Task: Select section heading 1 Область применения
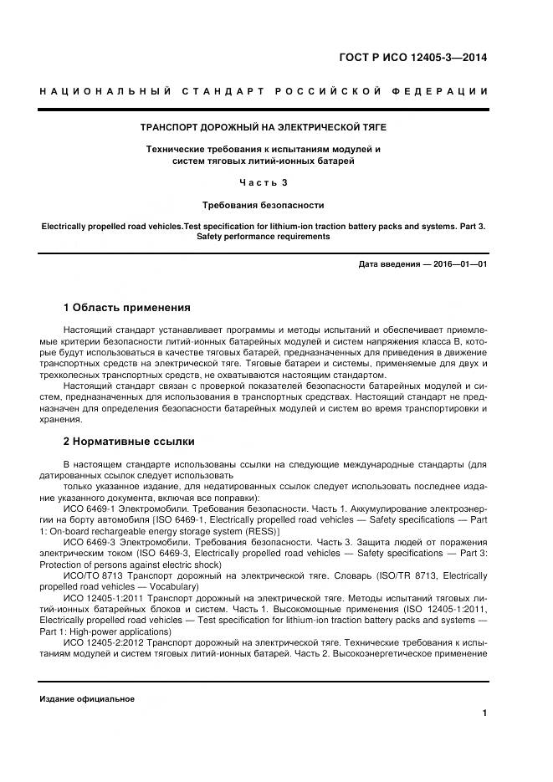point(127,307)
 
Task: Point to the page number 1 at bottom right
point(485,713)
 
